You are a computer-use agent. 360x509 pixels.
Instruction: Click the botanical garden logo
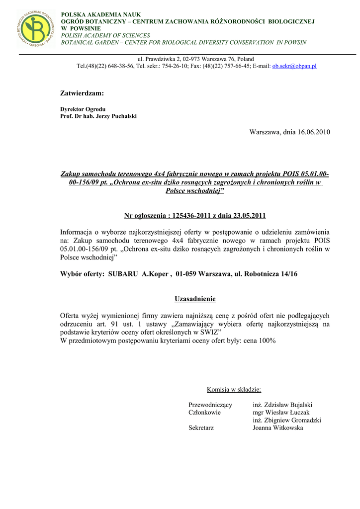[x=35, y=28]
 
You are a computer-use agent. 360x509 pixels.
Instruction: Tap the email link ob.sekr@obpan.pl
[x=294, y=66]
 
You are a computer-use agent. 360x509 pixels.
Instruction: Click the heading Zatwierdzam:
[x=82, y=93]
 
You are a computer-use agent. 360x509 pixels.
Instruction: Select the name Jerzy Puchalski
[x=117, y=116]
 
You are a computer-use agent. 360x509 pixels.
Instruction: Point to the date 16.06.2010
[x=314, y=132]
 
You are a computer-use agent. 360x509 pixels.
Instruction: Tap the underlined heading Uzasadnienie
[x=195, y=299]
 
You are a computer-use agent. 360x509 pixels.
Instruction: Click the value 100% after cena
[x=267, y=340]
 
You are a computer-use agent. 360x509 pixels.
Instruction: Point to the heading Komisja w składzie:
[x=234, y=389]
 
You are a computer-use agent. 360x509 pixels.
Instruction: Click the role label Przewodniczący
[x=210, y=405]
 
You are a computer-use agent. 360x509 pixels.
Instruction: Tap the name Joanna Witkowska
[x=277, y=427]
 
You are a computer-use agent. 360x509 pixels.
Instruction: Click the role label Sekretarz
[x=201, y=427]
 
